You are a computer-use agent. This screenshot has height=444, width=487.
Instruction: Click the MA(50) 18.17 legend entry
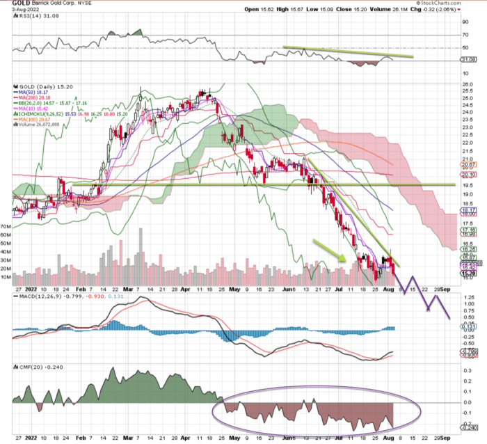pyautogui.click(x=32, y=96)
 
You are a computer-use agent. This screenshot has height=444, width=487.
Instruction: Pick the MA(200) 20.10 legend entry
pyautogui.click(x=33, y=102)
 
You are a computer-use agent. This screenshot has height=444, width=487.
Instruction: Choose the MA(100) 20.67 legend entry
pyautogui.click(x=33, y=125)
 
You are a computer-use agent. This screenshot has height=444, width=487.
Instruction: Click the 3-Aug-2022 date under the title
pyautogui.click(x=16, y=10)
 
